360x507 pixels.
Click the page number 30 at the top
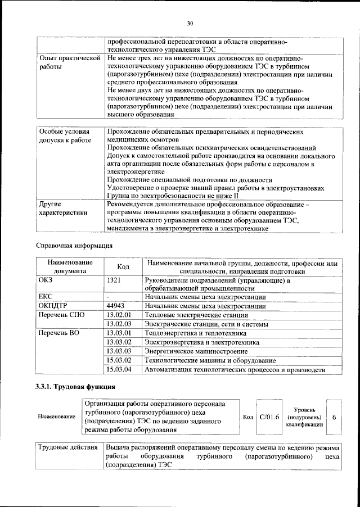tap(190, 23)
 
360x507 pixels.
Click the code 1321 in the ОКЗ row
tap(114, 279)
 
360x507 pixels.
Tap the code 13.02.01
tap(119, 315)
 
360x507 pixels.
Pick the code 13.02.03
tap(119, 324)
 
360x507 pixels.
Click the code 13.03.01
tap(119, 333)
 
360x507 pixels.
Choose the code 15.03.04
tap(119, 369)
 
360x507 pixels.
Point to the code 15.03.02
tap(119, 360)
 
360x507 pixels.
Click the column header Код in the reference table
tap(123, 266)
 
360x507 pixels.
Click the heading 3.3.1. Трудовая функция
tap(75, 387)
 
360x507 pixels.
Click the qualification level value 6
tap(334, 417)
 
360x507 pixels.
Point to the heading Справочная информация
tap(74, 246)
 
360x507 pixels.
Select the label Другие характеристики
tap(62, 209)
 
